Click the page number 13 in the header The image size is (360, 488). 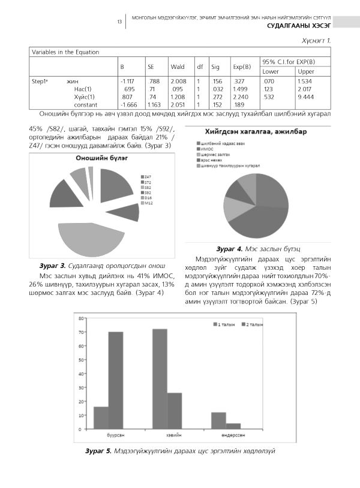[x=119, y=22]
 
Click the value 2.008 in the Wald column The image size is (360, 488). [x=178, y=81]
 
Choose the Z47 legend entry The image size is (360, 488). [x=148, y=176]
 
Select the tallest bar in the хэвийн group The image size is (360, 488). [x=160, y=379]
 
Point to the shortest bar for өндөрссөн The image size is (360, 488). [x=233, y=426]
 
